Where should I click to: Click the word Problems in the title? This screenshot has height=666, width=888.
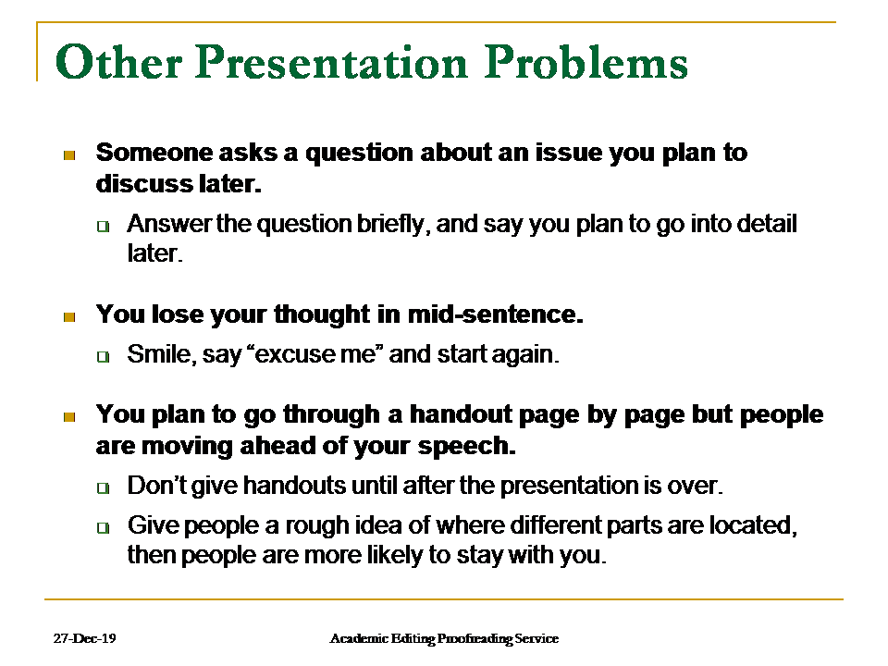587,63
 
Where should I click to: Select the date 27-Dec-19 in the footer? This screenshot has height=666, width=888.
84,638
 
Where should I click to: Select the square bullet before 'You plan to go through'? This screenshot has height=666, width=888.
68,417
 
